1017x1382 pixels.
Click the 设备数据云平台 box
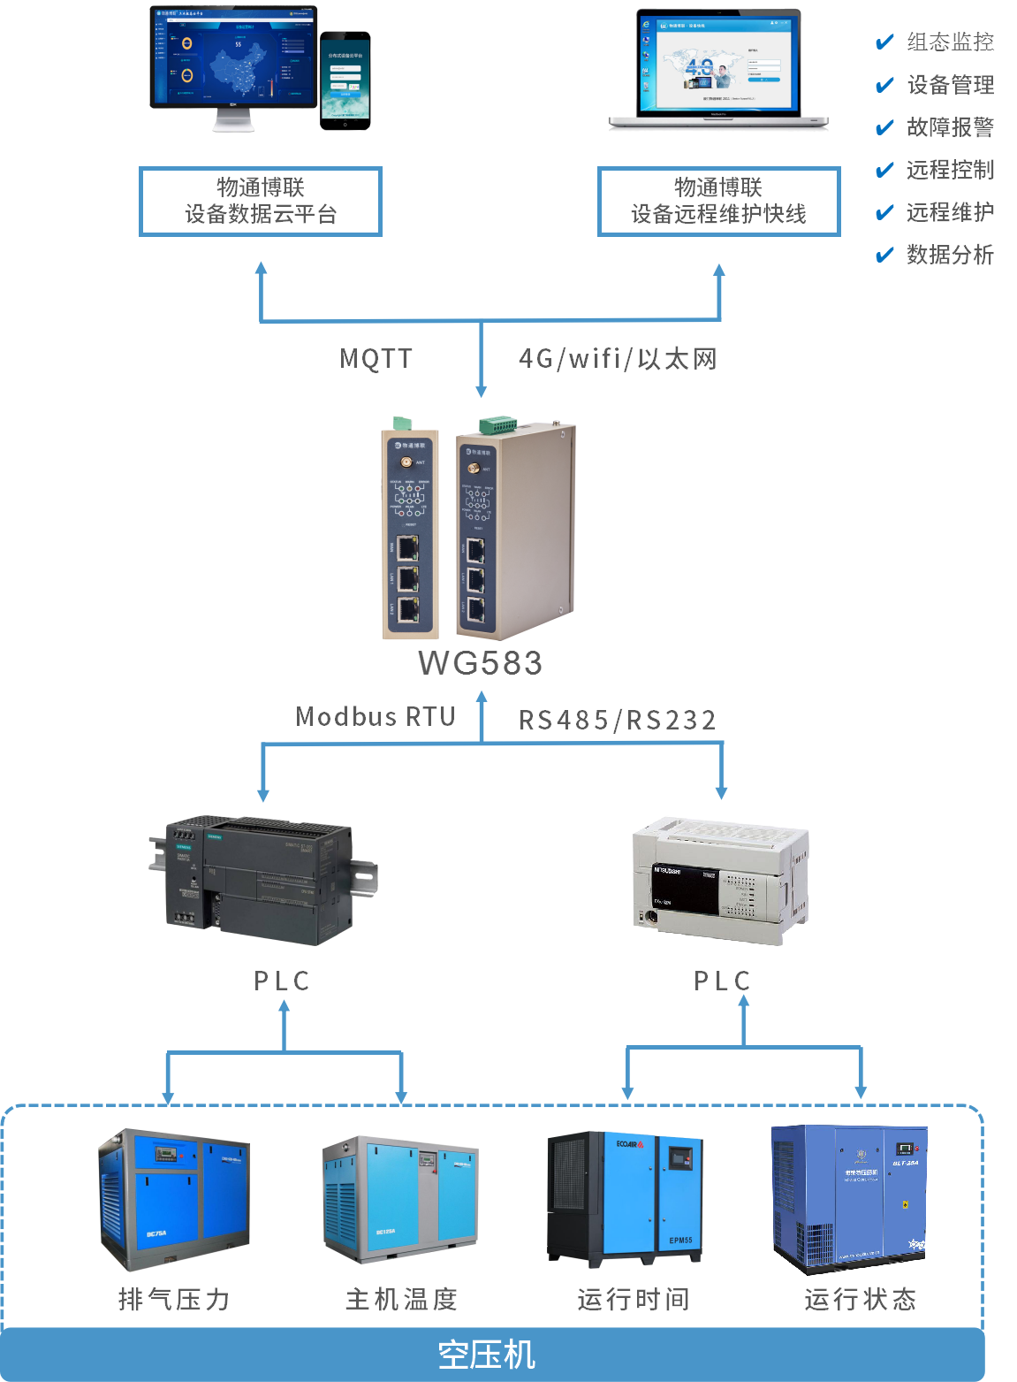point(261,202)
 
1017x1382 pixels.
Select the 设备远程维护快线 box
point(718,202)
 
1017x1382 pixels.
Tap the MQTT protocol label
point(376,358)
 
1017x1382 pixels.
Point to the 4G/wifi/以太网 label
point(618,358)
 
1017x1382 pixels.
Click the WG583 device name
point(480,662)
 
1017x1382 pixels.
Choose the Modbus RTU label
point(376,716)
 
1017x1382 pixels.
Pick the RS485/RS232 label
point(618,720)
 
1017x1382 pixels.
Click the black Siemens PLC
point(262,880)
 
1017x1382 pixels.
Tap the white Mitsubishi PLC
point(720,880)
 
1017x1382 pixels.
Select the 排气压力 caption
point(174,1299)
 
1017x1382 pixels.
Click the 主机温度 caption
point(402,1299)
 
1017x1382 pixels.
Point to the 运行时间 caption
point(634,1299)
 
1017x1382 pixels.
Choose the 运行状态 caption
point(861,1299)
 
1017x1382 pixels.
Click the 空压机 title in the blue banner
point(487,1355)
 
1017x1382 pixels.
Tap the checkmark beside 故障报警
point(884,128)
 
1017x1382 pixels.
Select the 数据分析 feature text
point(950,256)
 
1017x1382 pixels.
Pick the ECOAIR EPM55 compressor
point(626,1198)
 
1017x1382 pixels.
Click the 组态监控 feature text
point(950,42)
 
